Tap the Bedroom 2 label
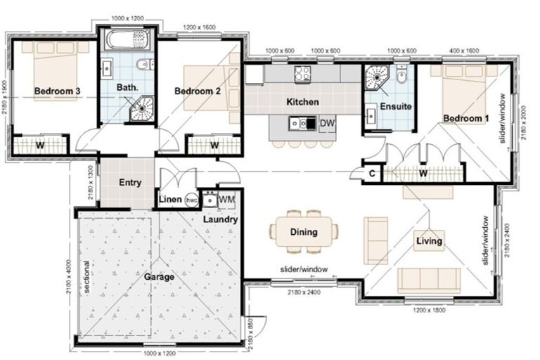pos(198,91)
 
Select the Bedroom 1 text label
pos(465,118)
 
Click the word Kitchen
pos(302,102)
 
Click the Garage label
pos(160,277)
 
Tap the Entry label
pos(130,183)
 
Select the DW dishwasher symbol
pos(326,124)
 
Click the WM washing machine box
pos(226,200)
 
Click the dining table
pos(304,232)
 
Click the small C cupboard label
pos(371,173)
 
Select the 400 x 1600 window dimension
pos(465,51)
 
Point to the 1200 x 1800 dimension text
pos(428,309)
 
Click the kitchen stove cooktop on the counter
pos(303,72)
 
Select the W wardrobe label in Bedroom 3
pos(41,146)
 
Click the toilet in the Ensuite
pos(401,75)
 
